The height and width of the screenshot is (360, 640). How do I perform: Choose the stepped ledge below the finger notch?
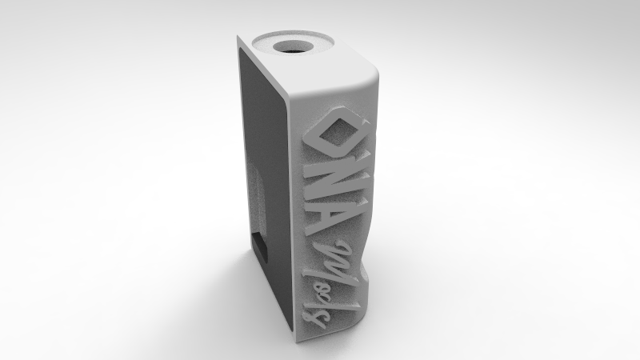pyautogui.click(x=370, y=276)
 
